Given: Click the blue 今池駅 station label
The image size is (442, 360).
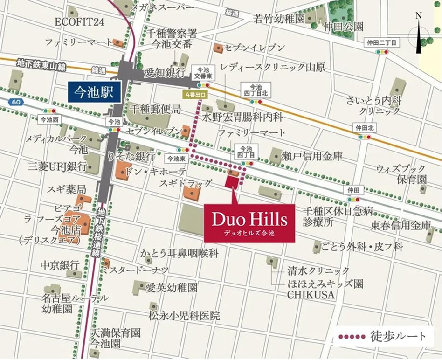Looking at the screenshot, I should tap(95, 92).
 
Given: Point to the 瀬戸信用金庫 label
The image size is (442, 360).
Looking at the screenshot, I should tap(311, 156).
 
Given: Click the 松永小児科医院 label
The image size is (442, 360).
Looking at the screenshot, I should tap(184, 316).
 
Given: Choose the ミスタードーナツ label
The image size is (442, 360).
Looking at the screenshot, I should tap(136, 270).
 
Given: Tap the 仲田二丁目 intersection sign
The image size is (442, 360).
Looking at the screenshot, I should tap(382, 43).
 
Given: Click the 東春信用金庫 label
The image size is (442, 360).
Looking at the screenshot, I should tap(401, 225).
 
